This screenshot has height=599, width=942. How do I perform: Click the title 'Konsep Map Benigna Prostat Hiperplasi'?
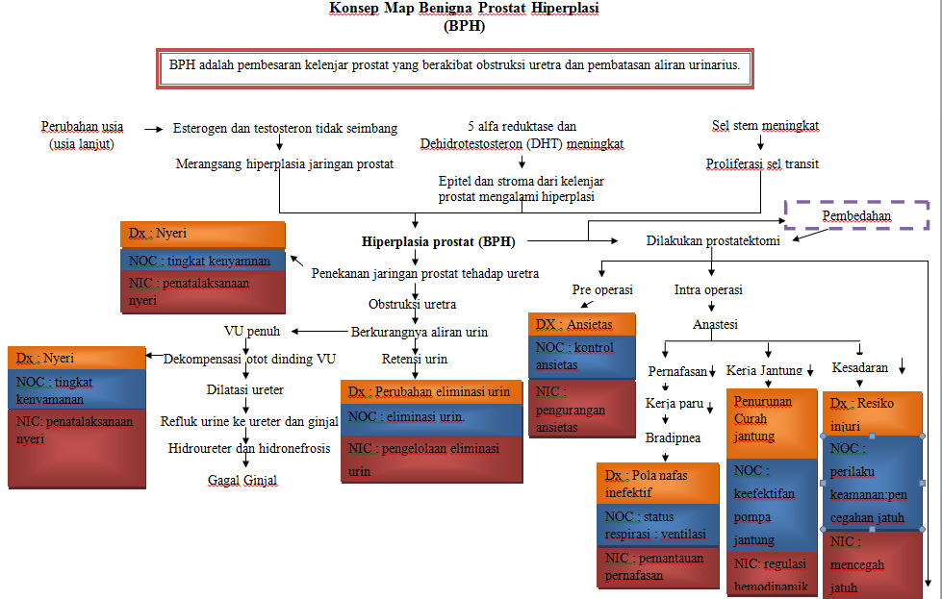pyautogui.click(x=465, y=9)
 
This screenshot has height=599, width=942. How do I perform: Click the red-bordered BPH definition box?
pyautogui.click(x=454, y=68)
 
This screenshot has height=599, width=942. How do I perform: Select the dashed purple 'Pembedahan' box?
pyautogui.click(x=855, y=215)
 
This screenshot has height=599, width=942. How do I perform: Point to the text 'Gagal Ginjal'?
pyautogui.click(x=242, y=479)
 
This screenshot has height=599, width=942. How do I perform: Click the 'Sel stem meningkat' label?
pyautogui.click(x=765, y=126)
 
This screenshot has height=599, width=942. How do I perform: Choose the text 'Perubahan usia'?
pyautogui.click(x=82, y=127)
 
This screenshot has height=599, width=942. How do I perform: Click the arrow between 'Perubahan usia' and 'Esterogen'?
pyautogui.click(x=154, y=128)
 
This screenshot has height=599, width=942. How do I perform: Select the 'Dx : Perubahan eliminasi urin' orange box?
pyautogui.click(x=431, y=392)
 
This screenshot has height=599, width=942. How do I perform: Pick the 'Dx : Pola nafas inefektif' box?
pyautogui.click(x=656, y=484)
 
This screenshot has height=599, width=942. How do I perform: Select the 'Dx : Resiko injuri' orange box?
pyautogui.click(x=874, y=412)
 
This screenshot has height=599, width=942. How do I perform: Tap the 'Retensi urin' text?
pyautogui.click(x=415, y=360)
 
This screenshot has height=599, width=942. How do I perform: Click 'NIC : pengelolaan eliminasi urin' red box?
pyautogui.click(x=431, y=459)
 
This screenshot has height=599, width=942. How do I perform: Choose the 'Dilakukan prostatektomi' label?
pyautogui.click(x=713, y=241)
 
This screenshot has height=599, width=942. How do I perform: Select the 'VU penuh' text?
pyautogui.click(x=252, y=332)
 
